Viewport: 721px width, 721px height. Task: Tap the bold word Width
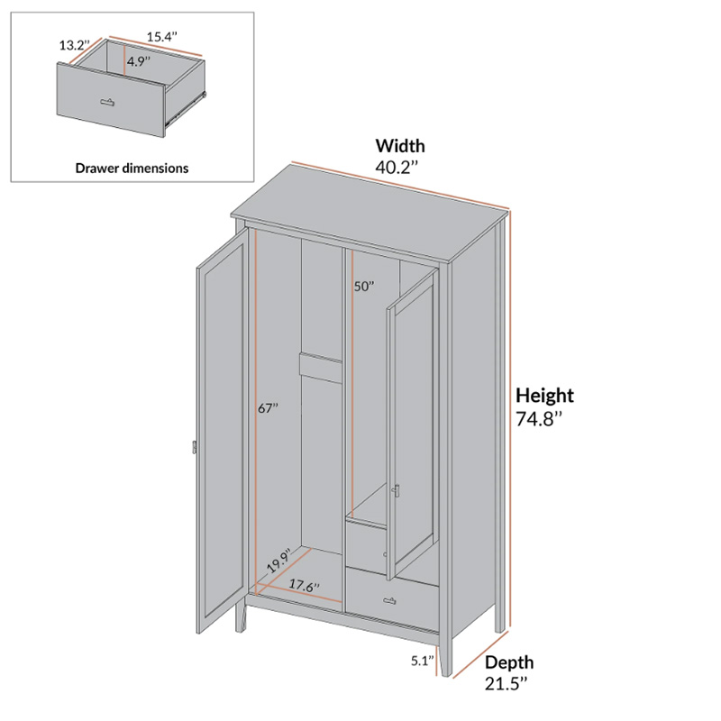click(400, 146)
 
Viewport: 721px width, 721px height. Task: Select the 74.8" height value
click(539, 419)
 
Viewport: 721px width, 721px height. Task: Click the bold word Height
click(544, 396)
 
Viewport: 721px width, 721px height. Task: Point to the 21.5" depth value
click(506, 684)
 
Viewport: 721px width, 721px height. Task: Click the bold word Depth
click(509, 662)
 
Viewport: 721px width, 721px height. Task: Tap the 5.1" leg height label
click(423, 662)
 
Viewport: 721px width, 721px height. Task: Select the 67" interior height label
click(268, 408)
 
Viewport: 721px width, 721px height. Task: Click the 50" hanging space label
click(364, 287)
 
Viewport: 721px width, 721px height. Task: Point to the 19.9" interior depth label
click(279, 561)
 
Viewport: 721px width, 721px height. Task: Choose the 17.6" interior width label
click(304, 585)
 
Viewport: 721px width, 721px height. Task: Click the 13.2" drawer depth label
click(74, 45)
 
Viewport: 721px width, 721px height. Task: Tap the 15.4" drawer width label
click(162, 37)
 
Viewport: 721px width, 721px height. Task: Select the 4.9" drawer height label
click(139, 61)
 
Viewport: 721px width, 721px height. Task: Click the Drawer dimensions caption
click(132, 169)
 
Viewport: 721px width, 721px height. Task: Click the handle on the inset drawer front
click(107, 102)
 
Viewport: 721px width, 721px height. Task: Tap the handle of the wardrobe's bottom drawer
click(389, 600)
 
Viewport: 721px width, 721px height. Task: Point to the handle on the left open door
click(195, 447)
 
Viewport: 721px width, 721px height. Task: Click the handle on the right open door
click(397, 491)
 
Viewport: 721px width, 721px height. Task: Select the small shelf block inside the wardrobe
click(322, 368)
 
